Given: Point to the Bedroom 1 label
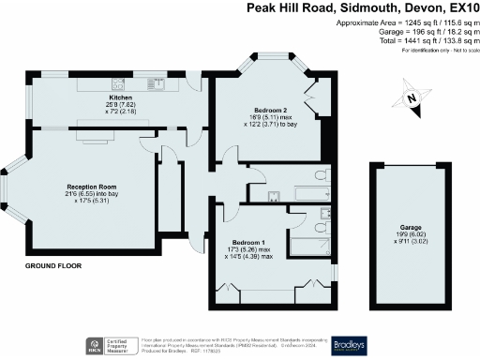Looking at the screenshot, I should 248,243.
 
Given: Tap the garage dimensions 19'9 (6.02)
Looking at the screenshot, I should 410,235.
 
